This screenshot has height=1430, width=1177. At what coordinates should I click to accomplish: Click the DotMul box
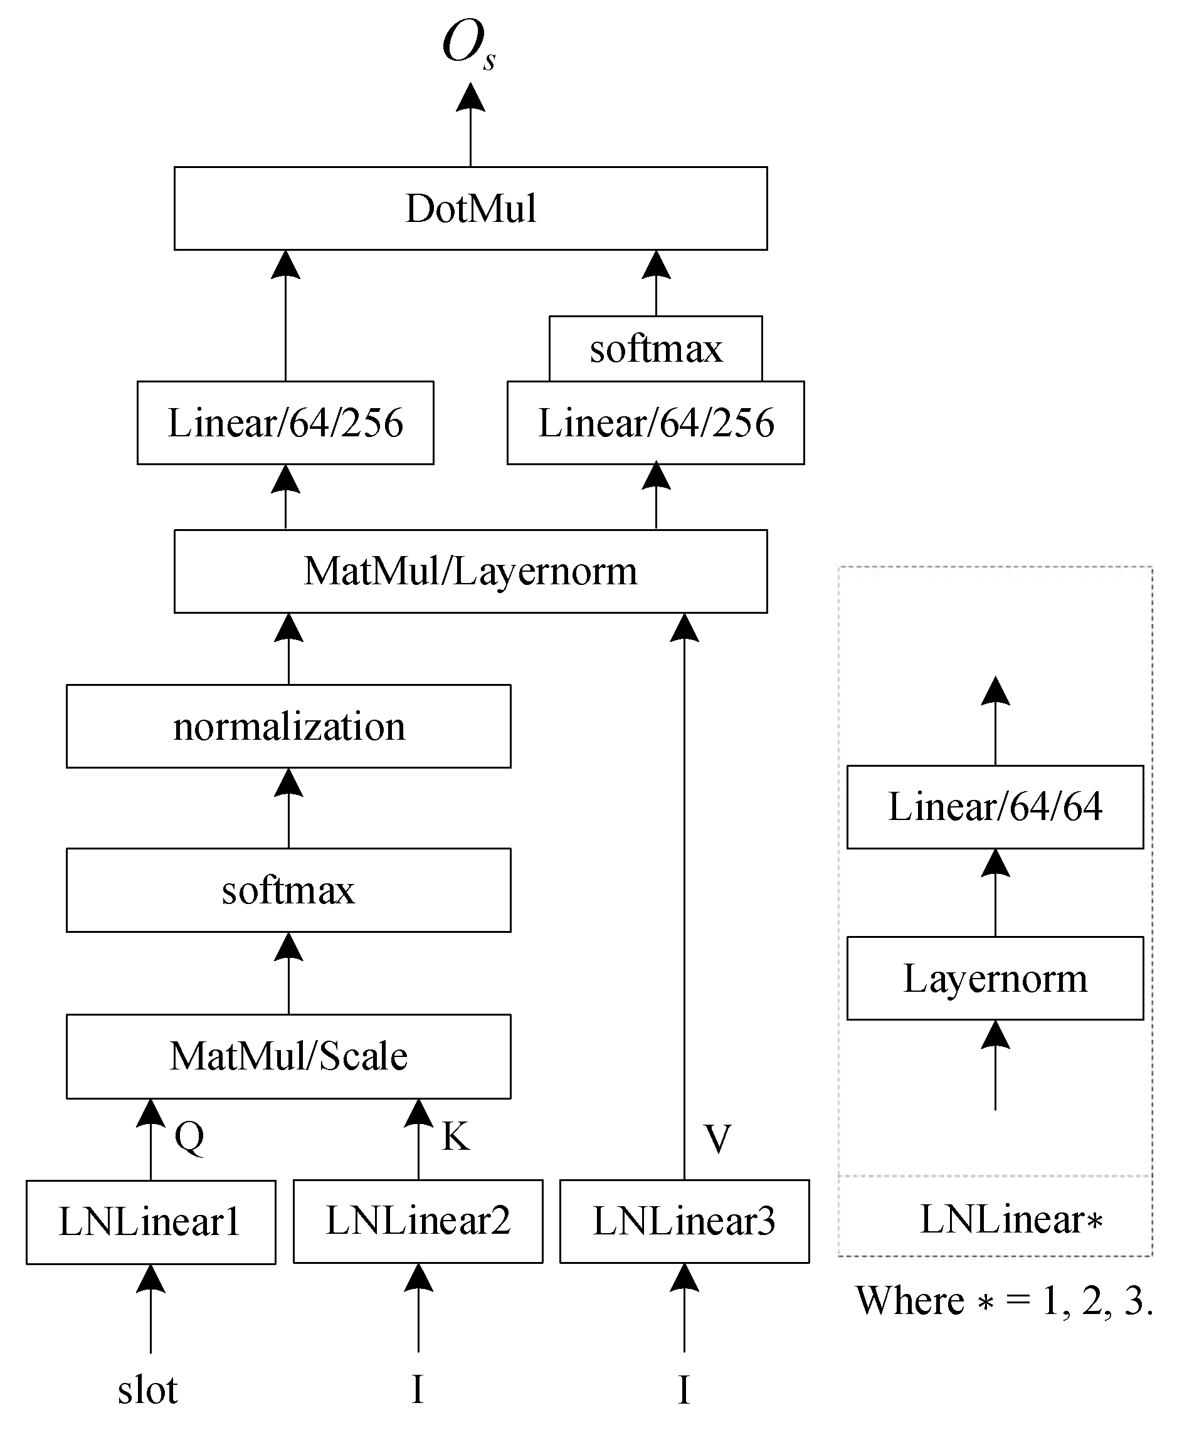tap(470, 208)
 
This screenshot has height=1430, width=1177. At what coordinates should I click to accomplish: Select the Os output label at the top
tap(468, 45)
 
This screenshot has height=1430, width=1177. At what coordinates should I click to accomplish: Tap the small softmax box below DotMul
tap(656, 349)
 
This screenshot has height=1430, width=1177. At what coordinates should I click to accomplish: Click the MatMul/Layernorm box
tap(470, 570)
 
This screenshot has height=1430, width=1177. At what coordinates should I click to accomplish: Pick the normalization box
tap(288, 726)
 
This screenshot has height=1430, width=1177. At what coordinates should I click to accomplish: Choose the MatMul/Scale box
tap(288, 1056)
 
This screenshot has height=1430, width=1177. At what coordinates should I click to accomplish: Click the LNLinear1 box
tap(150, 1222)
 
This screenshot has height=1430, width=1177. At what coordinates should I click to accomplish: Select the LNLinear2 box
tap(418, 1221)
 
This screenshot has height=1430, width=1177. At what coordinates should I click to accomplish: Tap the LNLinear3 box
tap(684, 1221)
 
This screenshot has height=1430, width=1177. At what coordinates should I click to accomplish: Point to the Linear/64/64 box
tap(995, 806)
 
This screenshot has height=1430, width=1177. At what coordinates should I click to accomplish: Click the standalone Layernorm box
tap(995, 978)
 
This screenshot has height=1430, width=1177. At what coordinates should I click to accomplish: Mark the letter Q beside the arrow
tap(189, 1137)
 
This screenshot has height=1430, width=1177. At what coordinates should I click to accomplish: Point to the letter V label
tap(717, 1138)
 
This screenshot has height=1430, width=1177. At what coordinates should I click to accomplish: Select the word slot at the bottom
tap(147, 1389)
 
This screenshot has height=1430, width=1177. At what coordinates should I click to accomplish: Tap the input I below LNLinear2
tap(418, 1389)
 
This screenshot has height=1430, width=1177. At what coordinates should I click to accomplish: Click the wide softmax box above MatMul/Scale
tap(288, 890)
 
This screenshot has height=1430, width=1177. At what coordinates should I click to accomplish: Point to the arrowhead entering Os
tap(470, 97)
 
